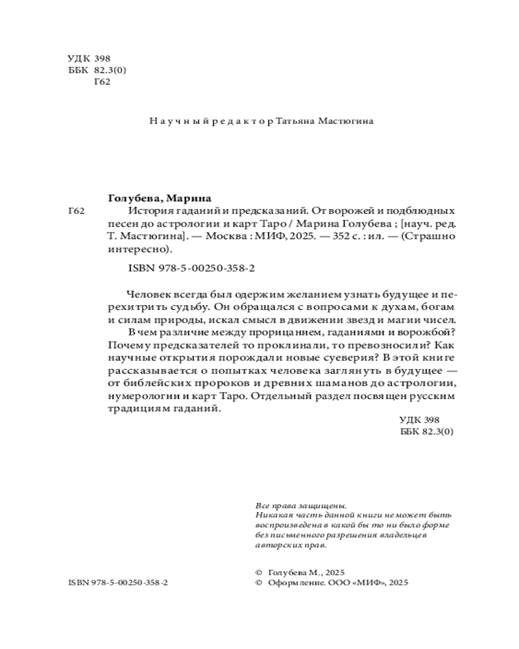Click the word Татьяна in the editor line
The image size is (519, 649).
tap(296, 121)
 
